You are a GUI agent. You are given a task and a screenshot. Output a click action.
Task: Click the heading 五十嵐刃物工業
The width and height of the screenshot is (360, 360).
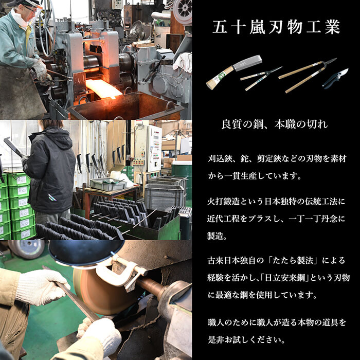click(x=276, y=27)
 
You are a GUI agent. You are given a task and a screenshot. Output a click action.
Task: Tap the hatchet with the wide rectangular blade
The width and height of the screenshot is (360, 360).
click(x=234, y=71)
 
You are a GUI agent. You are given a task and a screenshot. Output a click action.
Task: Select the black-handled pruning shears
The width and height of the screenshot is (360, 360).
click(x=335, y=78)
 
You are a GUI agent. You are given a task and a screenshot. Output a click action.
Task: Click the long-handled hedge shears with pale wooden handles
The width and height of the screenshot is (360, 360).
click(x=308, y=75)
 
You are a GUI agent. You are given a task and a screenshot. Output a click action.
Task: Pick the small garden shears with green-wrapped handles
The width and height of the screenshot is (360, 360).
click(x=261, y=78)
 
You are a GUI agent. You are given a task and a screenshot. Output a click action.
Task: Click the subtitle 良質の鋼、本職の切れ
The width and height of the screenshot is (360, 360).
click(x=275, y=124)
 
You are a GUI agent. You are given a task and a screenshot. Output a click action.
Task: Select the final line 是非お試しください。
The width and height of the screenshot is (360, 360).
click(x=246, y=339)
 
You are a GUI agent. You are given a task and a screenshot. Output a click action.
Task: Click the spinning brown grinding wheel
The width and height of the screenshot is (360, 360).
click(x=101, y=292)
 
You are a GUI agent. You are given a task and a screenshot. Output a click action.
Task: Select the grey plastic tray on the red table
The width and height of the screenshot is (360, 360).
click(x=108, y=184)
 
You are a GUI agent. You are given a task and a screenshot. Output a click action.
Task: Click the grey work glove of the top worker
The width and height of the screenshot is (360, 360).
click(x=40, y=70)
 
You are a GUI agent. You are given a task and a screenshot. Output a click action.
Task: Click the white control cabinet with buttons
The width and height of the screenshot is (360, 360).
click(x=153, y=149)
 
